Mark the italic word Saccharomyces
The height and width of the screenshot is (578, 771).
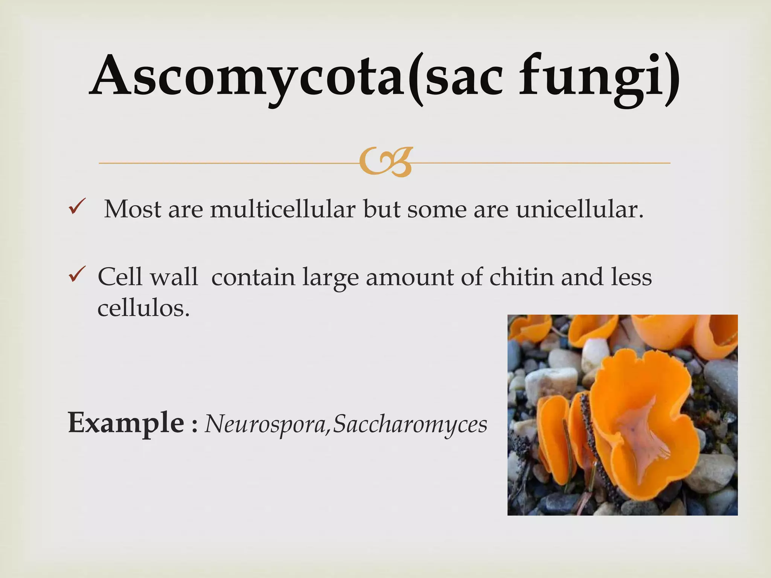tap(410, 424)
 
